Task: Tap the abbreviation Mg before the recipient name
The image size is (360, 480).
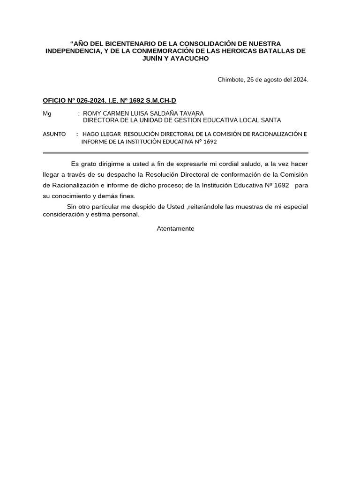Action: pyautogui.click(x=47, y=114)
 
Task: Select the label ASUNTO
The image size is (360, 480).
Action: pyautogui.click(x=54, y=134)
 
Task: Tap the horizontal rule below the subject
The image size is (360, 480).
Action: pyautogui.click(x=175, y=153)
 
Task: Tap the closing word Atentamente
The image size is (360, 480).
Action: pyautogui.click(x=175, y=229)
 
